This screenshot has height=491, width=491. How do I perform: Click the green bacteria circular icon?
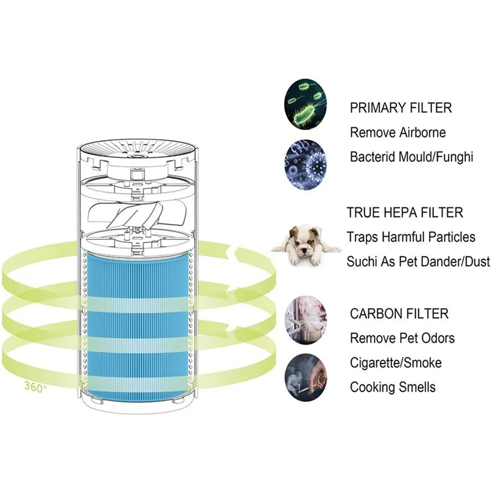305,107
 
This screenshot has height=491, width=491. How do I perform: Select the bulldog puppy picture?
306,245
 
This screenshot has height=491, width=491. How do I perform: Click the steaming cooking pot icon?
305,320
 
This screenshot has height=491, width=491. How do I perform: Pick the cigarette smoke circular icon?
305,373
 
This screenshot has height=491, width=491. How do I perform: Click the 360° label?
36,387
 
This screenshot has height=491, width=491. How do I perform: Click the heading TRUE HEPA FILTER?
404,212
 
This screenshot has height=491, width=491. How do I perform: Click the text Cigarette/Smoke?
396,363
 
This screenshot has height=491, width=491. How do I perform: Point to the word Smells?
417,387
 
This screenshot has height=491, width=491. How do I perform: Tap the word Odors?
438,338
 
